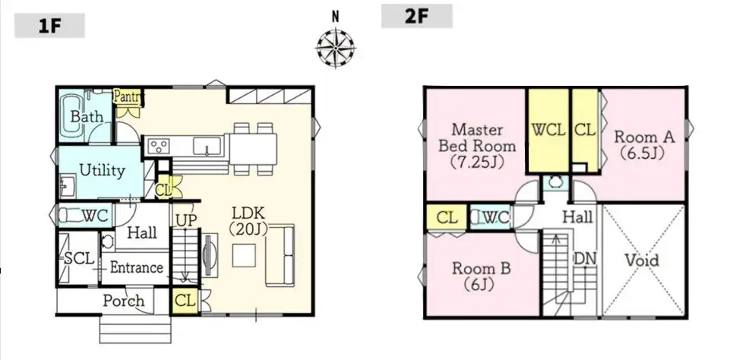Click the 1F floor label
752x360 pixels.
[49, 26]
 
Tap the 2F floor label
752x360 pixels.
[416, 16]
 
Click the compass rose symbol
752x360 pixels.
[335, 48]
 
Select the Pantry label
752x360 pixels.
[128, 96]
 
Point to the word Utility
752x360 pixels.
[102, 170]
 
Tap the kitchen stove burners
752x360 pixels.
[158, 145]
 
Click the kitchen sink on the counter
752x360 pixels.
[207, 146]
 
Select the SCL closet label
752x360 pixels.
[79, 259]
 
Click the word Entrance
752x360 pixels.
[136, 267]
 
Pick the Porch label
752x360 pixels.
[123, 301]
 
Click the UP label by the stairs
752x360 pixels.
[185, 220]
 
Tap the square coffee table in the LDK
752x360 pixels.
[244, 255]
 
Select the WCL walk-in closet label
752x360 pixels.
[548, 130]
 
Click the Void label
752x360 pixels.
[642, 261]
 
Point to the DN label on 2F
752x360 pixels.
[585, 259]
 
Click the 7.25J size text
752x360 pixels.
[477, 162]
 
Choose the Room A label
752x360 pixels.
[644, 137]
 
